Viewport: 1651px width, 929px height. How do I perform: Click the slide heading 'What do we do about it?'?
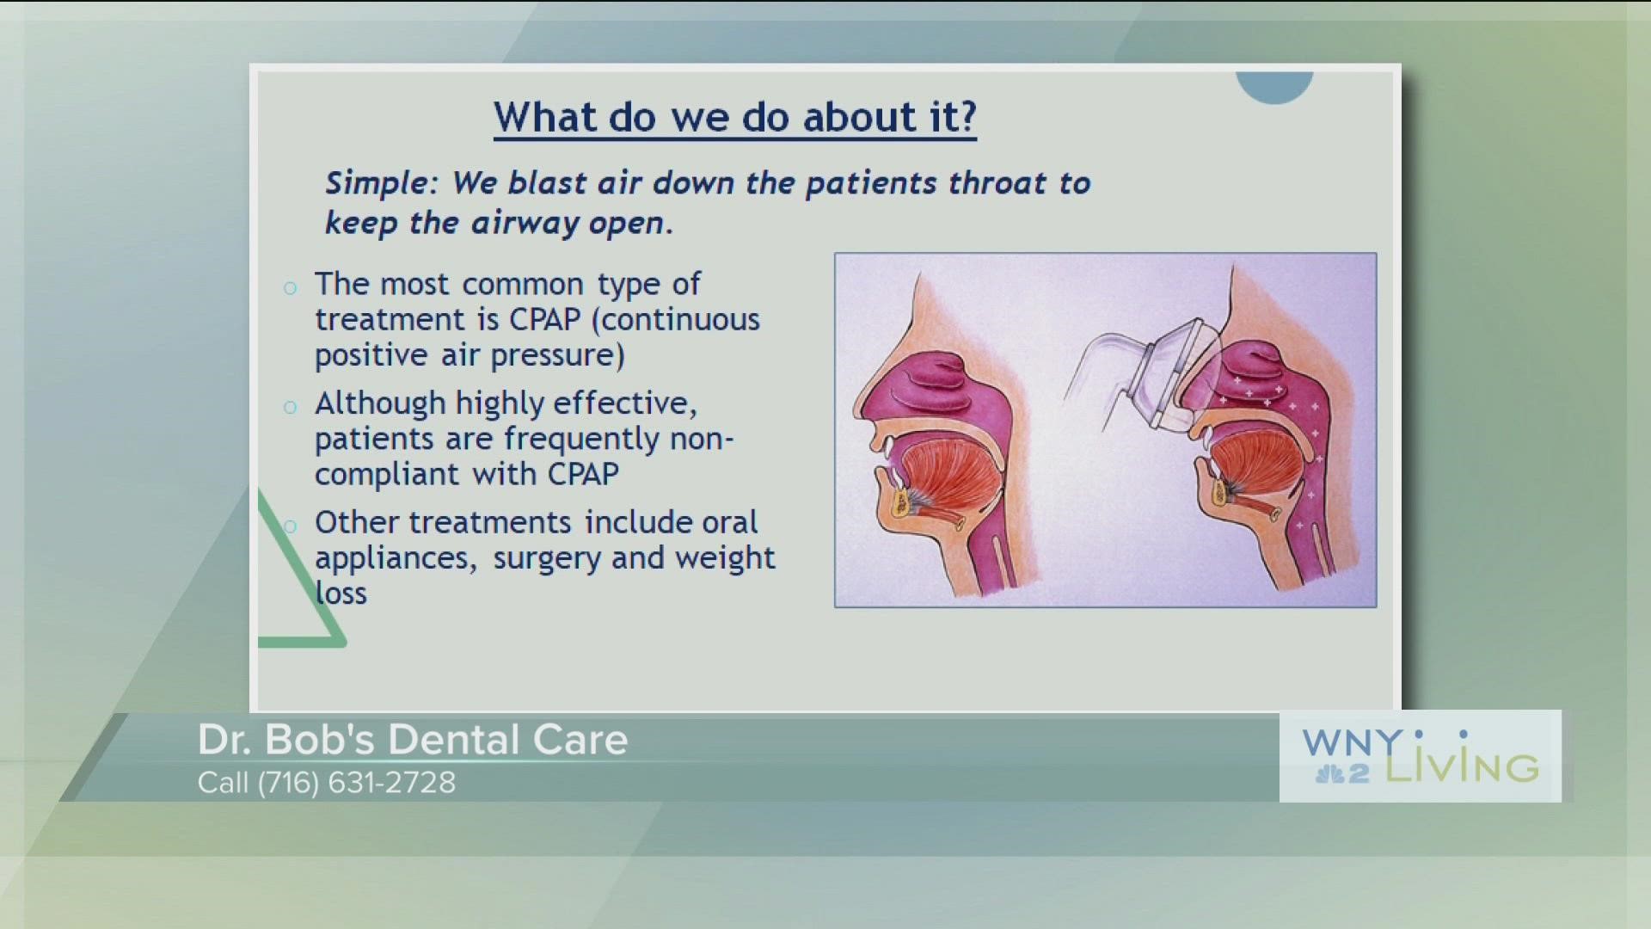[735, 117]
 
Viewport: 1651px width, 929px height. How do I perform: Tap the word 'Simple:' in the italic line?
[381, 183]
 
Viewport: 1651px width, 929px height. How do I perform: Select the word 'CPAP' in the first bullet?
[544, 320]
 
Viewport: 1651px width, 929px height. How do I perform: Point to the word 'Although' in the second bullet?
[380, 403]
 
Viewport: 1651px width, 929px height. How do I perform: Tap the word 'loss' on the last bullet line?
[341, 594]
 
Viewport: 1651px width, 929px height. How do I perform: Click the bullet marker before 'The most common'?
[291, 287]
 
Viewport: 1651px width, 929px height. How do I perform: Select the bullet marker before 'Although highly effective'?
[291, 407]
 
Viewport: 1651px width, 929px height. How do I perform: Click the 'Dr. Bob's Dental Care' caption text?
[413, 740]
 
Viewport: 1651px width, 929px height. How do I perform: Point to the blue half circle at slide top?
[1274, 85]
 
